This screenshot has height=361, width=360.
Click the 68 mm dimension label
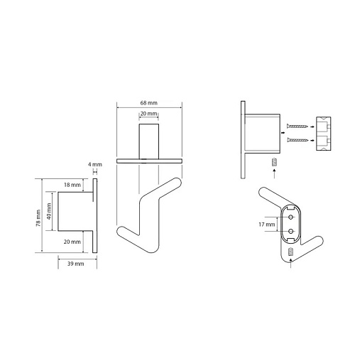tap(148, 103)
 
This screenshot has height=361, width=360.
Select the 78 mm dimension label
tap(38, 218)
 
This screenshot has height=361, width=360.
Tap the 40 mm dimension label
tap(49, 211)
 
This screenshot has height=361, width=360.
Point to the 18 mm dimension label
tap(72, 185)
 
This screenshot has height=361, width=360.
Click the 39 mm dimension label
tap(75, 264)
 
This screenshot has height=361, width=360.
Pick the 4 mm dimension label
tap(95, 164)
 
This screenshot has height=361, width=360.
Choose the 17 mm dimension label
tap(267, 225)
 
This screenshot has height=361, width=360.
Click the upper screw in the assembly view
tap(297, 126)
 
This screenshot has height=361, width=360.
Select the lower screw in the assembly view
tap(297, 140)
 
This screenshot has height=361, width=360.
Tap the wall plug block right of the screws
tap(324, 134)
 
